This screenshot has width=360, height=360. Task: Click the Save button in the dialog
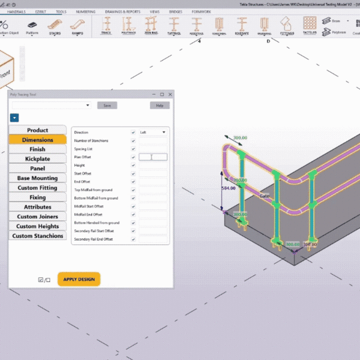click(107, 105)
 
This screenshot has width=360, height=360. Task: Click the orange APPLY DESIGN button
click(79, 279)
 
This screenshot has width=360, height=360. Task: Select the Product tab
click(37, 130)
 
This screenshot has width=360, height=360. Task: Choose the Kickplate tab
click(37, 159)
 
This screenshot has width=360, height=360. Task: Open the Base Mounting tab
click(37, 178)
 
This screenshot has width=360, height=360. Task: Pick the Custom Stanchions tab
click(37, 236)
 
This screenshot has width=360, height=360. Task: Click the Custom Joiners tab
click(37, 217)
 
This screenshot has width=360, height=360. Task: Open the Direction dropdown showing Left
click(153, 132)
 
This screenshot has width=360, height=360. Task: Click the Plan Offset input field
click(153, 157)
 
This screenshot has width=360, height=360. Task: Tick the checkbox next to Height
click(133, 165)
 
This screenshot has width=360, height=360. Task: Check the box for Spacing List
click(133, 148)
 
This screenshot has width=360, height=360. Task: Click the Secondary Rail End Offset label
click(94, 239)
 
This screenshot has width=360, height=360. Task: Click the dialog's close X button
click(170, 94)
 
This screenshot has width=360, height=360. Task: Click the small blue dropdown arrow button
click(14, 118)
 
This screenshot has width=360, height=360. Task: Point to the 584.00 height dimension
click(228, 188)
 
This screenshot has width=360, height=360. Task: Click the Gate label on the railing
click(264, 196)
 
